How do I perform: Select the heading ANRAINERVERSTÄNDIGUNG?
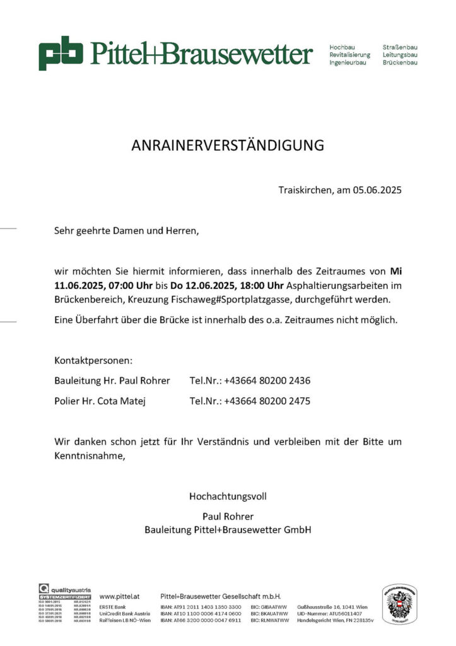click(x=228, y=146)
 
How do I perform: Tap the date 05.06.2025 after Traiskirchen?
click(x=377, y=189)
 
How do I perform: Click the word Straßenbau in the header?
click(x=400, y=47)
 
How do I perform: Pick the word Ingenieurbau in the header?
click(x=348, y=62)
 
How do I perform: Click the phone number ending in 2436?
click(x=267, y=380)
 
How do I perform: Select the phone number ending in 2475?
click(x=267, y=401)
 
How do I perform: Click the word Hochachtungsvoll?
click(x=228, y=496)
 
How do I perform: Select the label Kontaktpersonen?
click(x=93, y=361)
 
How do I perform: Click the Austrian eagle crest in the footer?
click(x=400, y=604)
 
